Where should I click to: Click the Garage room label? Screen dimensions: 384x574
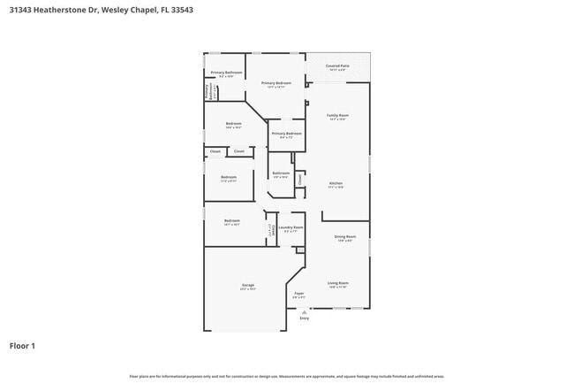pyautogui.click(x=248, y=285)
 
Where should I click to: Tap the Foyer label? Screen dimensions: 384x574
pyautogui.click(x=298, y=293)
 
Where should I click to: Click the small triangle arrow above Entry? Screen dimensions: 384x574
pyautogui.click(x=305, y=311)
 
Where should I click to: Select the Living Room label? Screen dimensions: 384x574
pyautogui.click(x=338, y=283)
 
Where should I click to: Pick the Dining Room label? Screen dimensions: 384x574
pyautogui.click(x=344, y=236)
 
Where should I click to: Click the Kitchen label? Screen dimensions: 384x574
pyautogui.click(x=336, y=184)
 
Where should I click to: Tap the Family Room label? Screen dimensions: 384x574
pyautogui.click(x=337, y=116)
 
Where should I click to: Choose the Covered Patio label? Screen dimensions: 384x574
pyautogui.click(x=337, y=65)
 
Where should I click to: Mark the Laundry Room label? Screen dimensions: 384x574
pyautogui.click(x=291, y=227)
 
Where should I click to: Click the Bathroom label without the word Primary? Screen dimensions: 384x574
pyautogui.click(x=281, y=173)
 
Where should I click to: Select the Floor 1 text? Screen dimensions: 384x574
pyautogui.click(x=22, y=345)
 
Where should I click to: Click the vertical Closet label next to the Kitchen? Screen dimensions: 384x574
pyautogui.click(x=300, y=179)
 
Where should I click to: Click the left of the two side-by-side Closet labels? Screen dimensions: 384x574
pyautogui.click(x=215, y=151)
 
